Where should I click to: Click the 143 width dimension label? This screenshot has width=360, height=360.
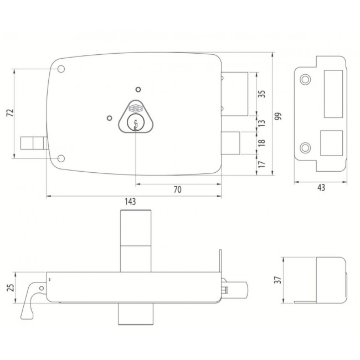coord(131,203)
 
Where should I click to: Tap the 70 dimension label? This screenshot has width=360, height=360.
coord(177,189)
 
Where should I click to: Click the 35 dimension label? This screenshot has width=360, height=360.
coord(263,94)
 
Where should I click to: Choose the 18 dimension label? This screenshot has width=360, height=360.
coord(263,142)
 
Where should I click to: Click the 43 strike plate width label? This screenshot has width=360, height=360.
coord(321,188)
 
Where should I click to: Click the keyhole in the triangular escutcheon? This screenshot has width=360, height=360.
coord(133,124)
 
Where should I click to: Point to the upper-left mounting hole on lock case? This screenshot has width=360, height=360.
coord(61,70)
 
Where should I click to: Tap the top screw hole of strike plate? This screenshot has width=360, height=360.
coord(305,80)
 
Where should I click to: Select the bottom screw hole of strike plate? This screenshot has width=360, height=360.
coord(305,147)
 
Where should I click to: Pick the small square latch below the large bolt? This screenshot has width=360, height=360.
coord(230,142)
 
